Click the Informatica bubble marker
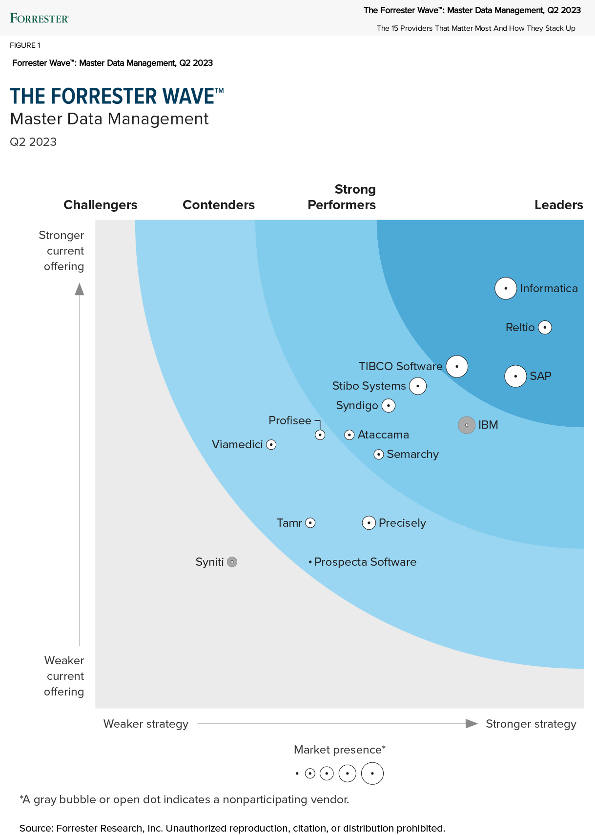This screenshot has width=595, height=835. pyautogui.click(x=506, y=288)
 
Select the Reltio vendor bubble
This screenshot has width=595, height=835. pyautogui.click(x=545, y=327)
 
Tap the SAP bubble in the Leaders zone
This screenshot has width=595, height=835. pyautogui.click(x=515, y=376)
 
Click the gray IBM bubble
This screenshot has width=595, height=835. pyautogui.click(x=467, y=425)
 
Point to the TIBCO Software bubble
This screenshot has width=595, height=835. pyautogui.click(x=457, y=366)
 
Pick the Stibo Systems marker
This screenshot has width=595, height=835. pyautogui.click(x=418, y=386)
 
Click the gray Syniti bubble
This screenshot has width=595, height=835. pyautogui.click(x=232, y=562)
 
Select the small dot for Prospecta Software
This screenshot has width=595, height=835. pyautogui.click(x=310, y=562)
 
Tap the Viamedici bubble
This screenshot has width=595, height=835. pyautogui.click(x=271, y=444)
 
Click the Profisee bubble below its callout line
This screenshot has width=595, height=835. pyautogui.click(x=320, y=435)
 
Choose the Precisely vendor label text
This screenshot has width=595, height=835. pyautogui.click(x=402, y=523)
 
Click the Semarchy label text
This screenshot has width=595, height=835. pyautogui.click(x=412, y=454)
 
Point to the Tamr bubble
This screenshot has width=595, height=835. pyautogui.click(x=310, y=523)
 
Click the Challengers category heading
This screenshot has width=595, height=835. pyautogui.click(x=100, y=205)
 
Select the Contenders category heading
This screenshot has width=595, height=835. pyautogui.click(x=218, y=205)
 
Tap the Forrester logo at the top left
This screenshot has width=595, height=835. pyautogui.click(x=40, y=19)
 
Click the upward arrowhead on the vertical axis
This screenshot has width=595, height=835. pyautogui.click(x=80, y=289)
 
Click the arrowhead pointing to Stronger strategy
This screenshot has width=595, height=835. pyautogui.click(x=471, y=723)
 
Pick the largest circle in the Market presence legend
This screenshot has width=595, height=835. pyautogui.click(x=372, y=773)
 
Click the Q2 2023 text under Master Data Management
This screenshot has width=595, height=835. pyautogui.click(x=33, y=142)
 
